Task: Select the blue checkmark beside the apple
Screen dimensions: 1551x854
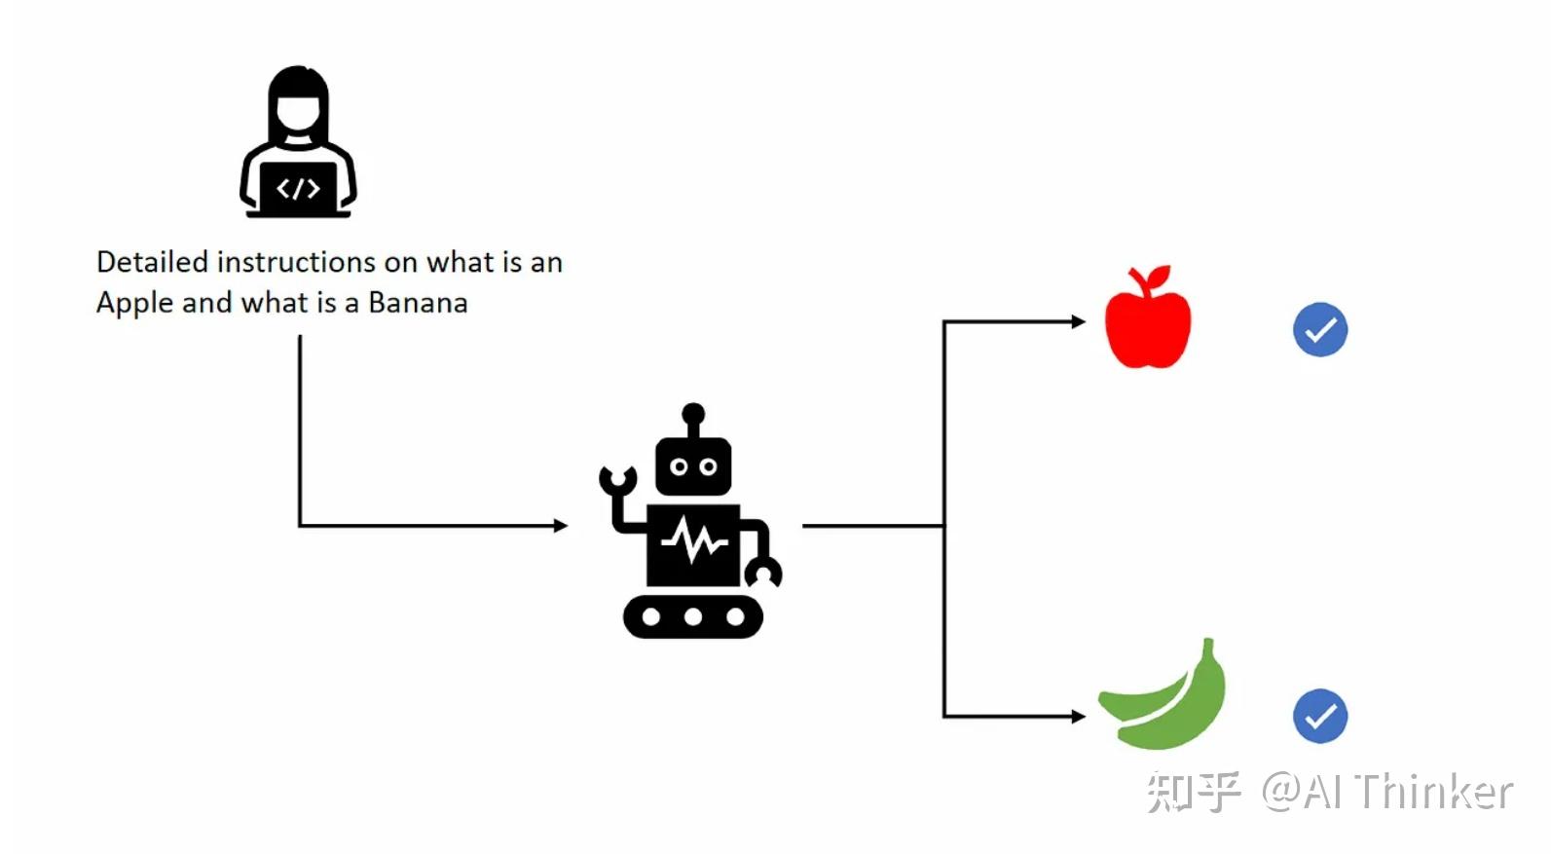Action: tap(1319, 330)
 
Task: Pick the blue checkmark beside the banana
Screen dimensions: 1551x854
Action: tap(1319, 716)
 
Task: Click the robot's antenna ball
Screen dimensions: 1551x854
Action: tap(693, 414)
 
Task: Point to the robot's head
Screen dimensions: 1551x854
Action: tap(693, 466)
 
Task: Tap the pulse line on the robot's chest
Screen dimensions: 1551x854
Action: tap(694, 541)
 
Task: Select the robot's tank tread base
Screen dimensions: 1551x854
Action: tap(693, 616)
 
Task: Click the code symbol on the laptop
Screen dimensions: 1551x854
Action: tap(299, 188)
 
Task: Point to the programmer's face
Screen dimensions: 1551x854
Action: tap(299, 112)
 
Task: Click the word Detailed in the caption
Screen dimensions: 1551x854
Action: tap(152, 262)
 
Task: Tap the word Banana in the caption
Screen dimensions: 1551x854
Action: tap(418, 303)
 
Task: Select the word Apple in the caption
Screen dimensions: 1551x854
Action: tap(135, 304)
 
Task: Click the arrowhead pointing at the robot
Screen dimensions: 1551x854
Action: tap(561, 526)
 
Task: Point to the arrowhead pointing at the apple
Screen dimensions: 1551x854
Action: tap(1079, 321)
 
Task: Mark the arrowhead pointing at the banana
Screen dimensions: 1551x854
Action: tap(1079, 716)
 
